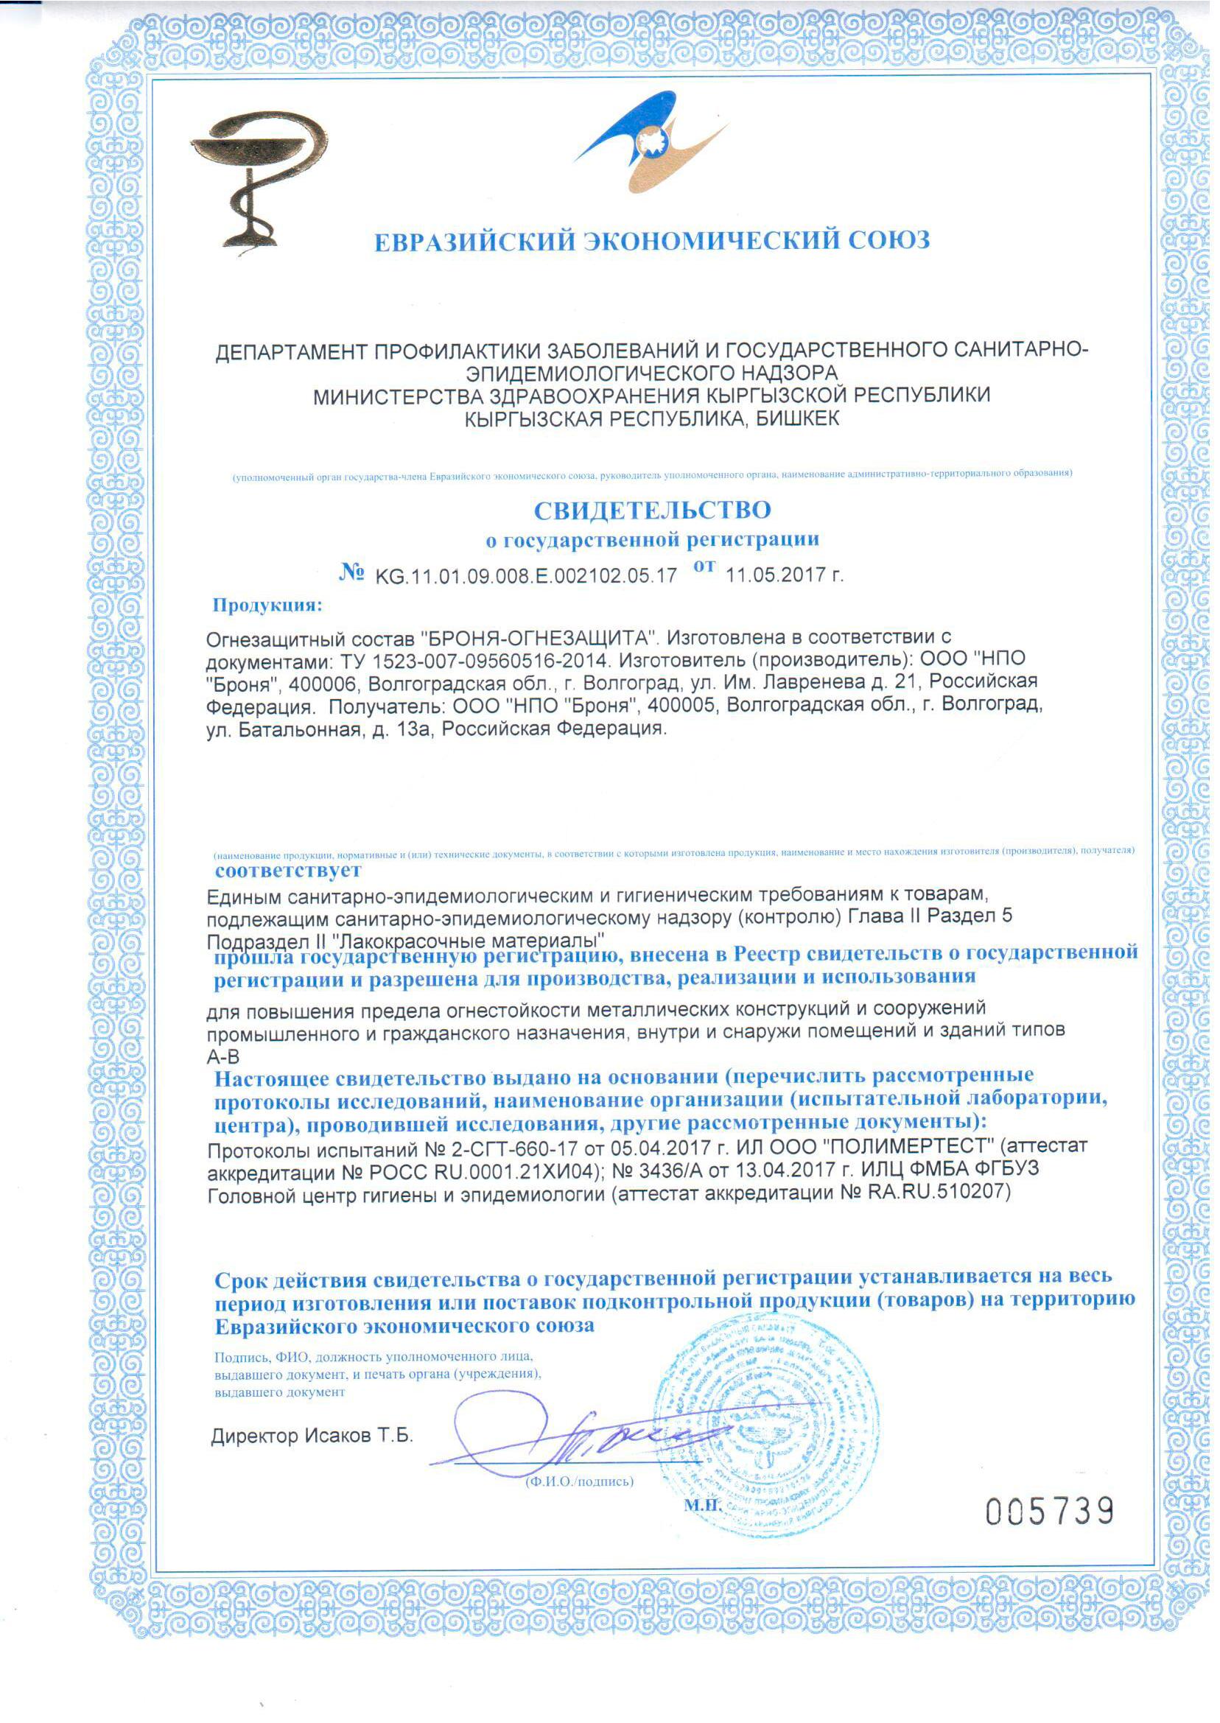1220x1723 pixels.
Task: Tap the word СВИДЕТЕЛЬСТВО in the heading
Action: click(652, 510)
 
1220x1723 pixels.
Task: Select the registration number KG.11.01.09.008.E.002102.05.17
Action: click(526, 576)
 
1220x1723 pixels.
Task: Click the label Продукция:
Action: click(267, 606)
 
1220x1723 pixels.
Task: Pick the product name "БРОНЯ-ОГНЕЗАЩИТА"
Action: click(539, 639)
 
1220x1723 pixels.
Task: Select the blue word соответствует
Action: click(288, 871)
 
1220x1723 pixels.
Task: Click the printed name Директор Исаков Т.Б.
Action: click(312, 1436)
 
